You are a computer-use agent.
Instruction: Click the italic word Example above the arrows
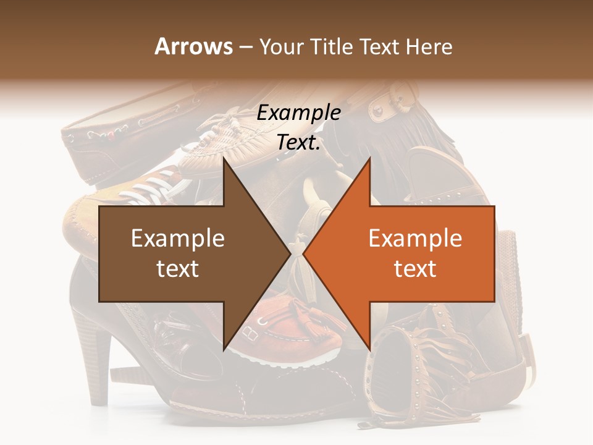[x=299, y=113]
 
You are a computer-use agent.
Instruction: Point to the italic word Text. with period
[x=299, y=142]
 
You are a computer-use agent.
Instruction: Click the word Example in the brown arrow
[x=178, y=239]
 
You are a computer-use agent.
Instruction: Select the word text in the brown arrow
[x=178, y=268]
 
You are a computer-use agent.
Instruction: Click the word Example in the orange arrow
[x=415, y=239]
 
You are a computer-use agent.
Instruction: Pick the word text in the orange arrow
[x=415, y=268]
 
